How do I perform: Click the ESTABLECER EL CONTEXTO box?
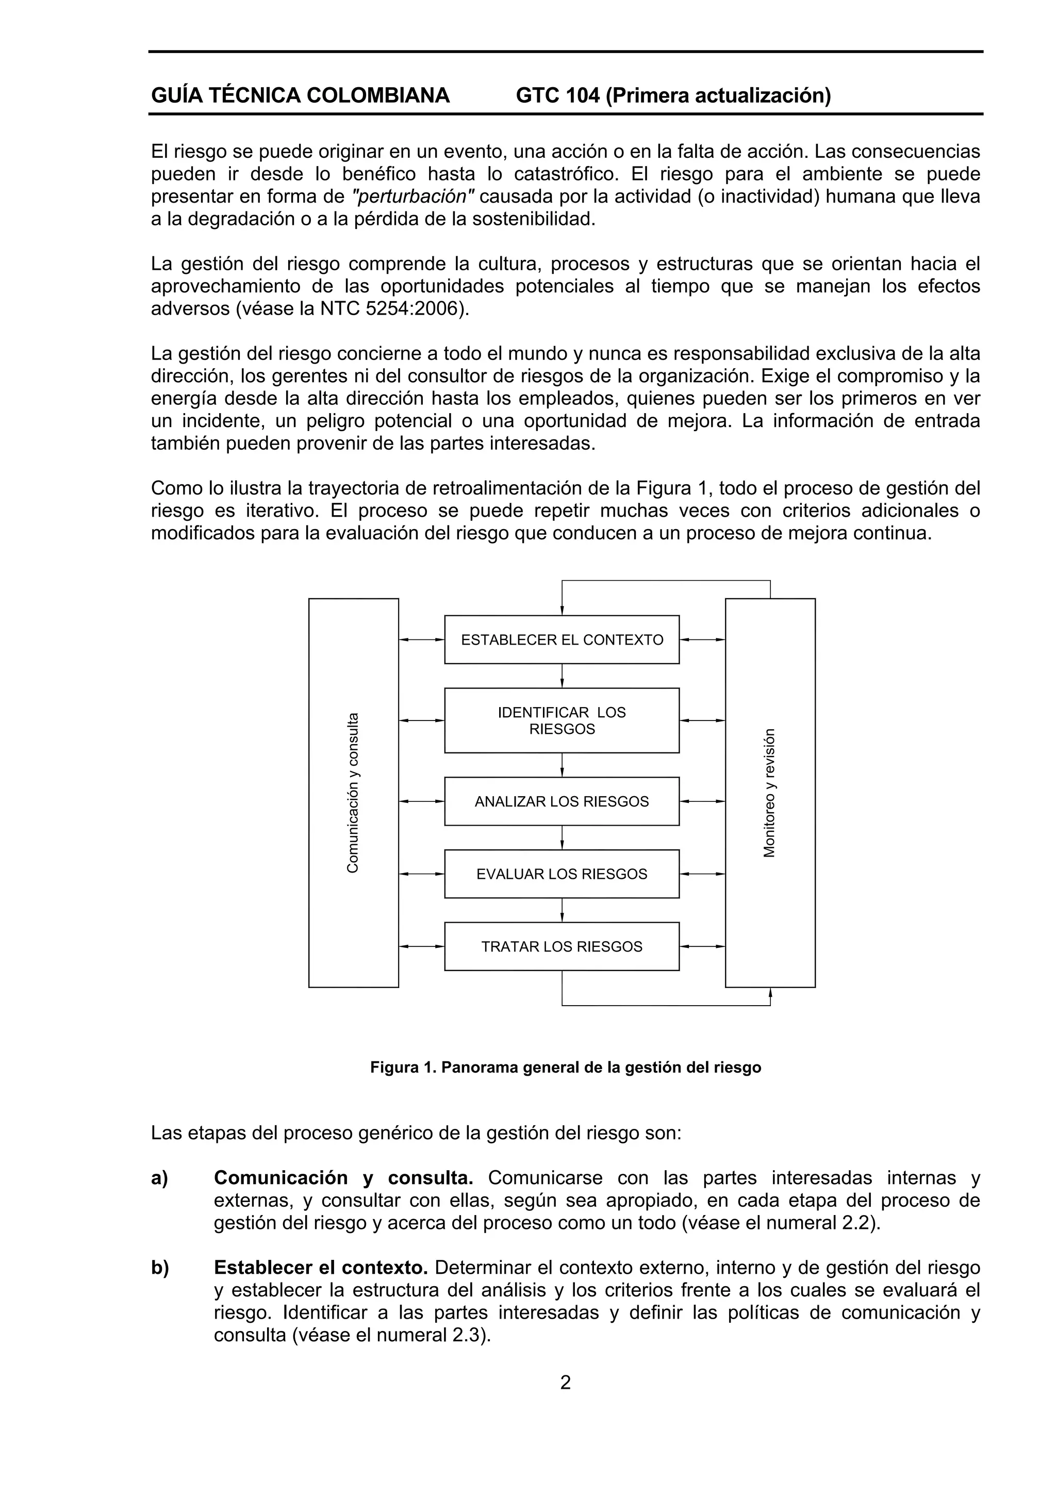click(562, 639)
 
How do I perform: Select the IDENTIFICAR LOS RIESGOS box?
click(562, 720)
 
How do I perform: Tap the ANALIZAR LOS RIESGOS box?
click(562, 801)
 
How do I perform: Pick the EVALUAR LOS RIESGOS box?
click(562, 874)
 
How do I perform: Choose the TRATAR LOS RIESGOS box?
click(562, 946)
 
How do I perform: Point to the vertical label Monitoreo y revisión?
click(770, 793)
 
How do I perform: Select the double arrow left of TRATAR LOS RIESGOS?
click(421, 946)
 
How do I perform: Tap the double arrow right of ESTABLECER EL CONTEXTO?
click(702, 639)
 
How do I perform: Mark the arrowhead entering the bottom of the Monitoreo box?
click(770, 993)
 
